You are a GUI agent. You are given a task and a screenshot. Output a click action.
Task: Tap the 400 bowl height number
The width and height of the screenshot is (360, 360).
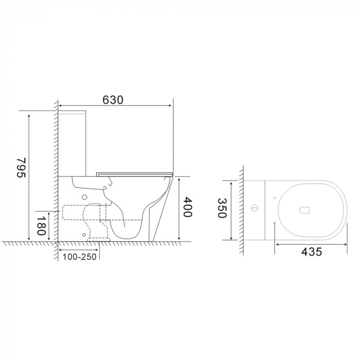(x=188, y=208)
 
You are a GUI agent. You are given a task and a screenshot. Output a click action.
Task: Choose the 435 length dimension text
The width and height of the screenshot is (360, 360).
(x=311, y=251)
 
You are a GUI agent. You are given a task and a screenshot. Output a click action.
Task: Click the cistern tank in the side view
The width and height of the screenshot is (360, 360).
(x=73, y=141)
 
